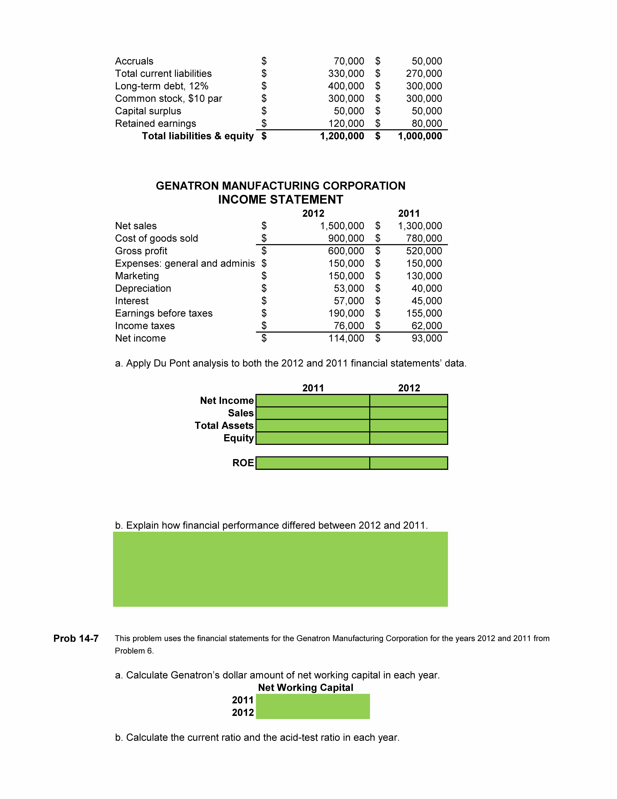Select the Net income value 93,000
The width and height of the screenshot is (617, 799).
[427, 338]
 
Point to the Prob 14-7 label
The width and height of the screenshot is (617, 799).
[76, 638]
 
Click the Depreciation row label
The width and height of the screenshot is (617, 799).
[143, 289]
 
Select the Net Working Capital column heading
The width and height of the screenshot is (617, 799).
[306, 688]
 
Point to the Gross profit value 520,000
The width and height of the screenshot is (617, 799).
[424, 251]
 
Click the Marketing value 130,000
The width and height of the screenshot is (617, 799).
[424, 276]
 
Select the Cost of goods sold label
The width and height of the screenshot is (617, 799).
[156, 238]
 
